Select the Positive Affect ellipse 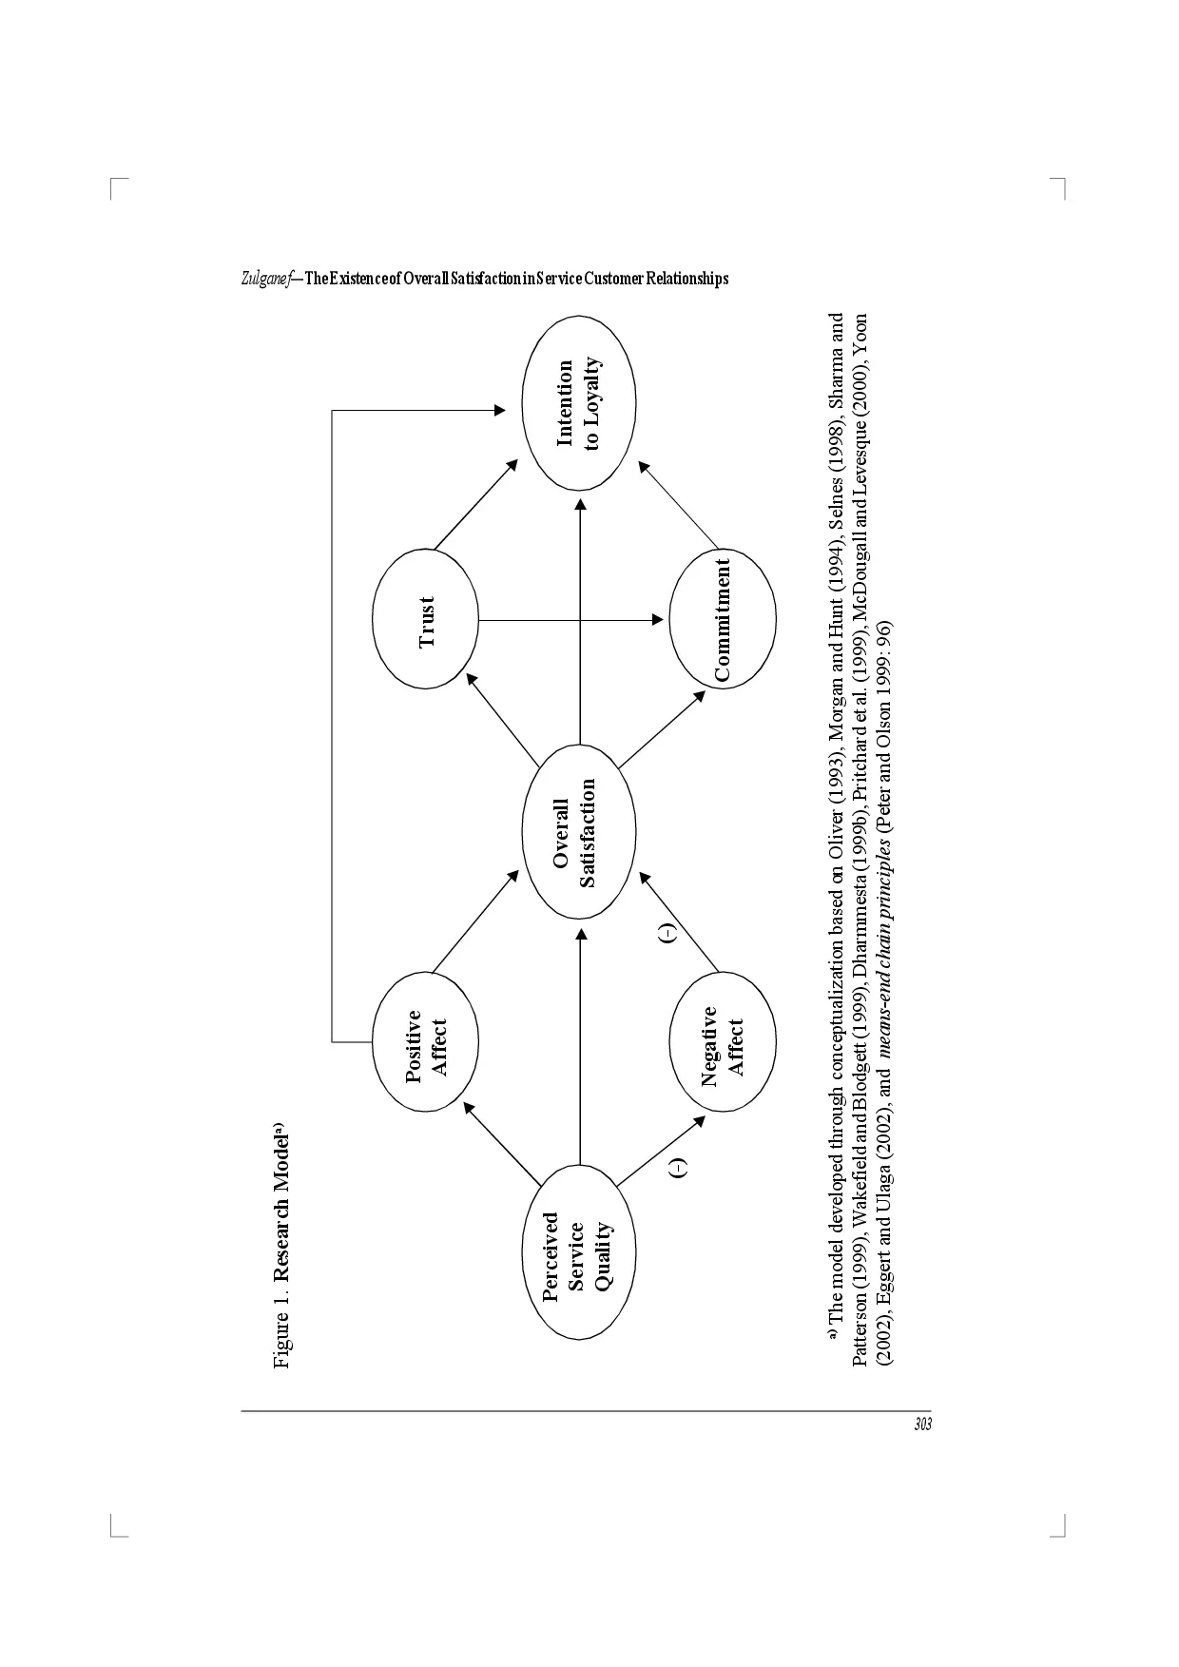click(426, 1044)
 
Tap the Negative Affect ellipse click(723, 1044)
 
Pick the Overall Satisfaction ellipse click(578, 833)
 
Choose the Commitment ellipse click(723, 619)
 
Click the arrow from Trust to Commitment click(570, 620)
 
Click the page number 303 click(921, 1425)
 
